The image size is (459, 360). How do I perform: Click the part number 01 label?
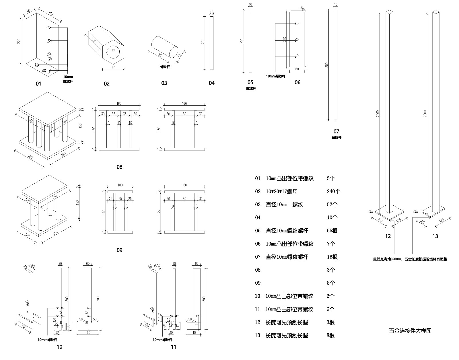tap(38, 84)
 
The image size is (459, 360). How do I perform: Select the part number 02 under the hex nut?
tap(107, 84)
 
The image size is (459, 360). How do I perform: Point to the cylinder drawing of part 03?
tap(165, 47)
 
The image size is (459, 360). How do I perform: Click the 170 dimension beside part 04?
tap(203, 43)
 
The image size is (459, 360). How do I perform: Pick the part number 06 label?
tap(297, 83)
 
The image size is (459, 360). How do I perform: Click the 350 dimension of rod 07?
tap(327, 65)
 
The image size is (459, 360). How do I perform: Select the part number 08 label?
tap(119, 167)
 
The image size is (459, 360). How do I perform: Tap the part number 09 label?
tap(119, 250)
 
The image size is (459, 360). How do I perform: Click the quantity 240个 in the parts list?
tap(333, 192)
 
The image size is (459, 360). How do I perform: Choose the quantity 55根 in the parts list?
tap(332, 231)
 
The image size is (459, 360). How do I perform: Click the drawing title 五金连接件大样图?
tap(410, 331)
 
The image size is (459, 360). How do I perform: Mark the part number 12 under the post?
tap(388, 236)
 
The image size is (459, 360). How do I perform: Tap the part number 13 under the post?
tap(435, 236)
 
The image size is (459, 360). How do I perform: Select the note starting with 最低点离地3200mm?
tap(410, 259)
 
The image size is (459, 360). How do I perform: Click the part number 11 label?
tap(173, 347)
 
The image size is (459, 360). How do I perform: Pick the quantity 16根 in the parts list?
tap(332, 257)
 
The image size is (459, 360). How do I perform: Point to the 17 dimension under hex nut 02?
tap(113, 67)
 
